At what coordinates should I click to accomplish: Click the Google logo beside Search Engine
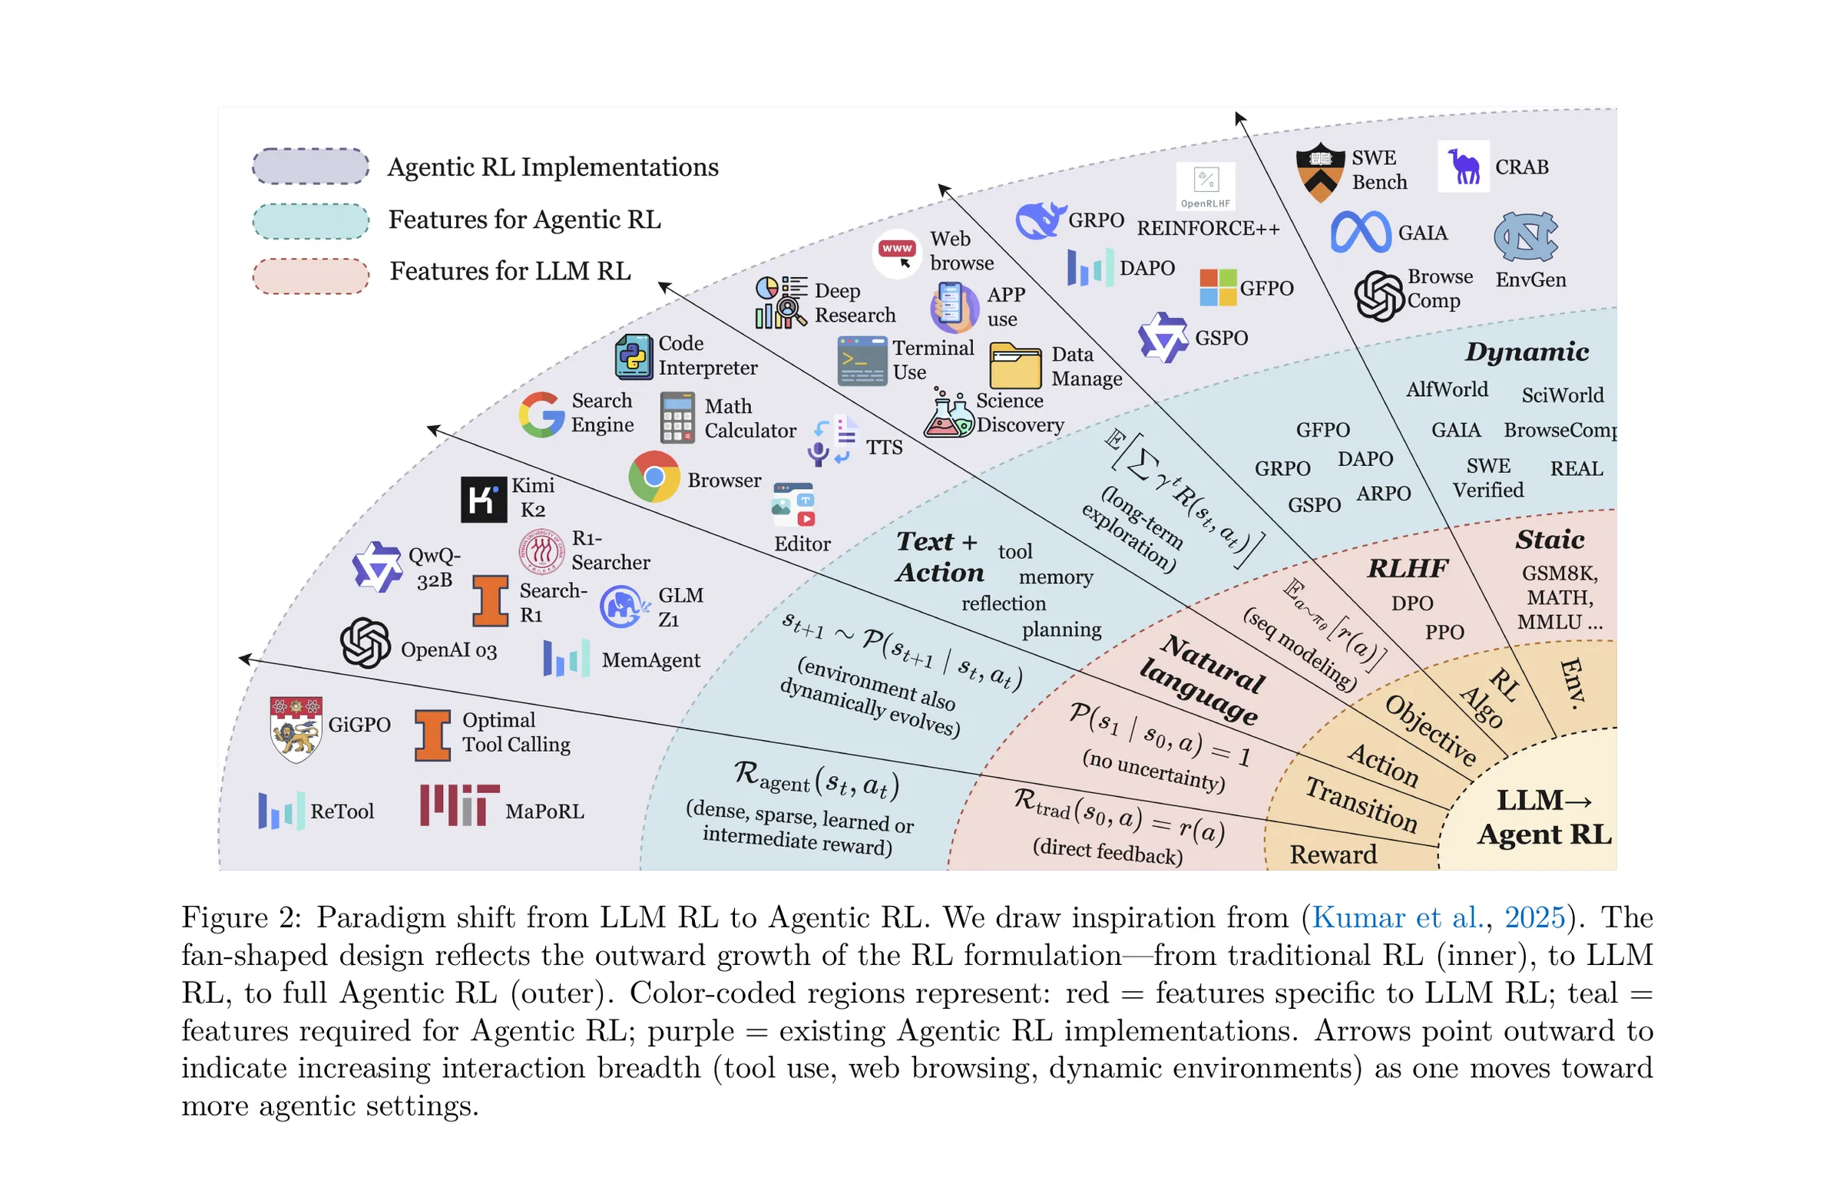(541, 415)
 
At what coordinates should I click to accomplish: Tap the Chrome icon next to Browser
(653, 477)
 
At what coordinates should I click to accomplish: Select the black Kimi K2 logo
(484, 499)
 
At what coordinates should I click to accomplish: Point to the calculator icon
(677, 418)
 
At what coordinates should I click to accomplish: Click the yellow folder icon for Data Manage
(1015, 365)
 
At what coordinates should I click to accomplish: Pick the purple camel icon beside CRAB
(1464, 166)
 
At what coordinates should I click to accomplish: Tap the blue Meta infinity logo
(1361, 233)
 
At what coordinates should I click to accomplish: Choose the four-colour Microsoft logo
(1218, 287)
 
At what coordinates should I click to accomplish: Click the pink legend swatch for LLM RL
(310, 276)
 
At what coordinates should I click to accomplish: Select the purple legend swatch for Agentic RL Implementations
(310, 167)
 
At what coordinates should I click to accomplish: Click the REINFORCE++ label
(1208, 228)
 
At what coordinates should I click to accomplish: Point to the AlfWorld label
(1448, 389)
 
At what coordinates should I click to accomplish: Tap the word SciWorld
(1563, 395)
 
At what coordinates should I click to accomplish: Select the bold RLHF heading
(1408, 569)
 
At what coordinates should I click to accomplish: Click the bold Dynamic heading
(1527, 352)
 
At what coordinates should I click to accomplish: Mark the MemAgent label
(651, 660)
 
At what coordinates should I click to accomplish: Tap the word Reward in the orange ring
(1333, 854)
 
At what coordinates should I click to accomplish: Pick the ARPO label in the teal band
(1384, 493)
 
